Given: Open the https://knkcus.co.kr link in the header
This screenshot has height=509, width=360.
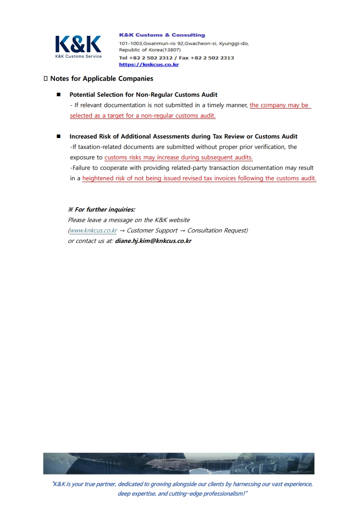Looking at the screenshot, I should [148, 64].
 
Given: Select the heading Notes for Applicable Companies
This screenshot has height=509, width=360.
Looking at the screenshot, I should [102, 79].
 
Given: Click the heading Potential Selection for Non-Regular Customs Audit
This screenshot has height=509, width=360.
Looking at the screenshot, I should [143, 94].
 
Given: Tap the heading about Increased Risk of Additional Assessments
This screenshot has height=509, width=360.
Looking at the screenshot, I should [183, 136].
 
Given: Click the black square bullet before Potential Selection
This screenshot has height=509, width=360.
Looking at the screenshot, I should [59, 94].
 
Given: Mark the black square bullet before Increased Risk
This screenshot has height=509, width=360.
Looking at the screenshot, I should [59, 136].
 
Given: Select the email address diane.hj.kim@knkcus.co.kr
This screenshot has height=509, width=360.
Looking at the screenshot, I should [153, 241].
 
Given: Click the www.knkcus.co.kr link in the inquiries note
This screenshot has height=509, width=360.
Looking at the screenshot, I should [93, 230].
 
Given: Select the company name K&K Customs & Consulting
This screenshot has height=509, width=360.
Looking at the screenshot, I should [162, 35].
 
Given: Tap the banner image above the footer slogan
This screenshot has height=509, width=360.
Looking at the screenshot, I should [178, 463].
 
